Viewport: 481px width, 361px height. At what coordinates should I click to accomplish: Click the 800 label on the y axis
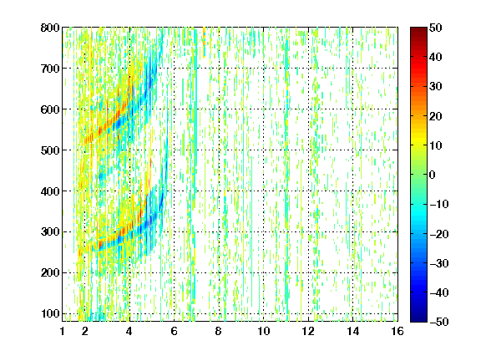pos(50,28)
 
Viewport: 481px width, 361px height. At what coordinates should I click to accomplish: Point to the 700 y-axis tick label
pos(50,69)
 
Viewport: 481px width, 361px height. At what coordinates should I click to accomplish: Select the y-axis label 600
pos(50,109)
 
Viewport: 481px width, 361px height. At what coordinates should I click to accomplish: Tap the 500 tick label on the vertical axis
pos(50,150)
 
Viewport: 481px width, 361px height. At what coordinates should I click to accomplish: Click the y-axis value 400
pos(50,191)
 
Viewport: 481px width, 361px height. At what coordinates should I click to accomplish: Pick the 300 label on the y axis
pos(50,231)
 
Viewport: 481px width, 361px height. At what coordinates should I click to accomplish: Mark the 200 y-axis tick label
pos(50,272)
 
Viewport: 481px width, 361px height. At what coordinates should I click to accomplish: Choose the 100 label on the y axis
pos(50,313)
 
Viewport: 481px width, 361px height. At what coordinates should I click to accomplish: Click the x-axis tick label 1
pos(63,331)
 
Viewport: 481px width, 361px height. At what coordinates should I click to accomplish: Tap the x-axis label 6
pos(174,331)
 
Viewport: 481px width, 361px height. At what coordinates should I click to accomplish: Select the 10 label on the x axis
pos(264,331)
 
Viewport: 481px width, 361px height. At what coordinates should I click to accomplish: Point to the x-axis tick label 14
pos(352,331)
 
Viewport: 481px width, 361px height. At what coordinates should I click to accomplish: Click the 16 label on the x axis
pos(397,331)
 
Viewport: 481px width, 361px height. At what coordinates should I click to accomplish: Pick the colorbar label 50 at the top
pos(435,28)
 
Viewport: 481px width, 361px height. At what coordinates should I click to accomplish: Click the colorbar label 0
pos(433,175)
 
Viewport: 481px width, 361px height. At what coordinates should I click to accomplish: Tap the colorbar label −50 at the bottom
pos(438,322)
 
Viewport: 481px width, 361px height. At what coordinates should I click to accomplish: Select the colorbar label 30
pos(435,87)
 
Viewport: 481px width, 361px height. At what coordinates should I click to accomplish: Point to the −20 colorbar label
pos(438,234)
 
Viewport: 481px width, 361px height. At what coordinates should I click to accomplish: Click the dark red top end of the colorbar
pos(418,29)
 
